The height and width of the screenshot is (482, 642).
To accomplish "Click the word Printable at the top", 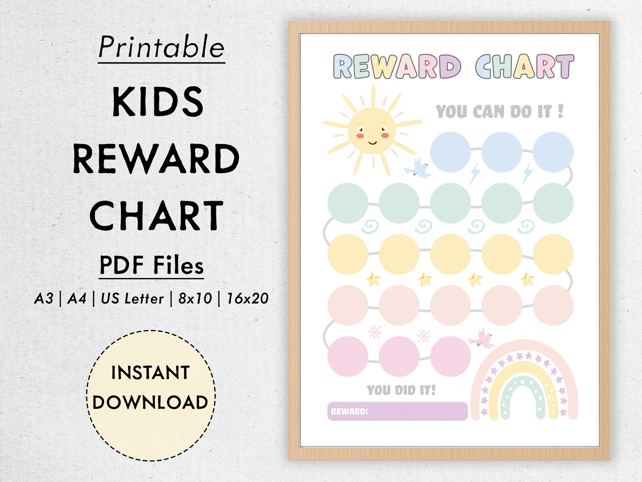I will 161,47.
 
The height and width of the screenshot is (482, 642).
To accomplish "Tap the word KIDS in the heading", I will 158,102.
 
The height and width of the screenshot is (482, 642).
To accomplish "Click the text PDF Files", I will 152,265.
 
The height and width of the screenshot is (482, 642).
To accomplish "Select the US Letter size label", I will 132,299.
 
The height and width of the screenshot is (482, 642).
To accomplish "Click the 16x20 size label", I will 247,299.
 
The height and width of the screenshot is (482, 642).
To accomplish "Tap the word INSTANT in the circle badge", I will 150,373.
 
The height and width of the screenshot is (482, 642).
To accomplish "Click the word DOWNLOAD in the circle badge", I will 150,402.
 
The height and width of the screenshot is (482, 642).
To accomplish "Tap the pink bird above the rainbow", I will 482,338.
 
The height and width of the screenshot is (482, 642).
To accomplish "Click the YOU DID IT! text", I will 401,390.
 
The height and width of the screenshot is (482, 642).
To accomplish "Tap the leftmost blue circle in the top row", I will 450,152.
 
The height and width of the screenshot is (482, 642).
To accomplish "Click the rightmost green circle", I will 553,203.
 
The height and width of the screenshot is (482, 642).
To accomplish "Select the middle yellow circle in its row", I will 450,254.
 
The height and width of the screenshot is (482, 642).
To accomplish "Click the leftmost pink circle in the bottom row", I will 347,357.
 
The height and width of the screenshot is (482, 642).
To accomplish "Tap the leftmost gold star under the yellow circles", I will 373,279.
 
